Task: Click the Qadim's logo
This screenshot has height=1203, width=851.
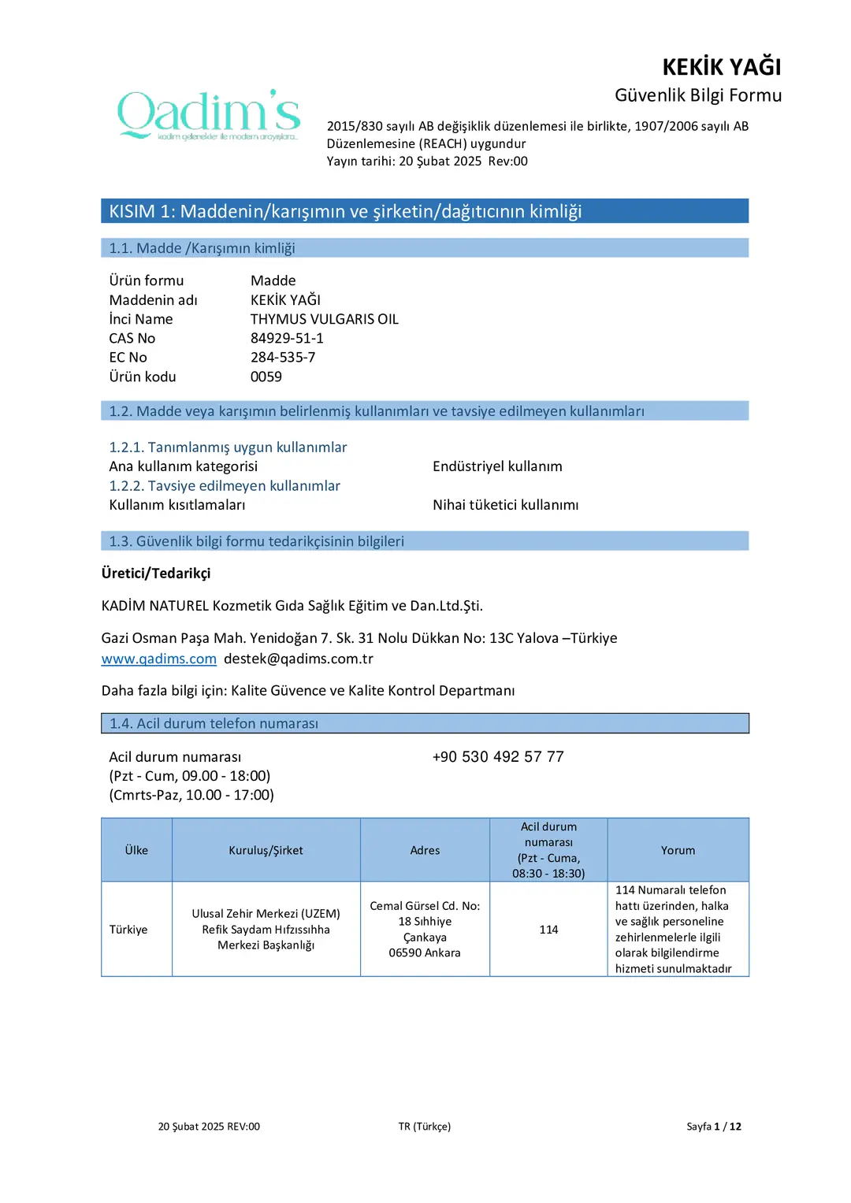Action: point(209,115)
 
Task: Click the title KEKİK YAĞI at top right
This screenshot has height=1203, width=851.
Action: point(721,67)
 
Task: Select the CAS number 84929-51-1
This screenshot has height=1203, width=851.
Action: point(287,338)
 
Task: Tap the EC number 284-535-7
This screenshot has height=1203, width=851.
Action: point(283,357)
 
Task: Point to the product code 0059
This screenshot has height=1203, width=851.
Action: point(266,377)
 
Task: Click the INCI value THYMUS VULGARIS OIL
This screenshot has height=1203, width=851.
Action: point(325,319)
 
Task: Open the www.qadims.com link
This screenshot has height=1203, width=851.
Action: point(158,659)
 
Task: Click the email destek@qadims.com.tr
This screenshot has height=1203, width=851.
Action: point(299,659)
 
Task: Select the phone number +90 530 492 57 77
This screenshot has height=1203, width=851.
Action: point(498,756)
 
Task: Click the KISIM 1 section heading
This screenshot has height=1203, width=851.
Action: point(345,211)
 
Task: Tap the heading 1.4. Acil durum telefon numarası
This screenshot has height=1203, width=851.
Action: point(214,723)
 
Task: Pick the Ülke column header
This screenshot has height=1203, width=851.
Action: point(136,850)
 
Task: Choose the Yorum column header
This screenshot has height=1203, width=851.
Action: point(678,850)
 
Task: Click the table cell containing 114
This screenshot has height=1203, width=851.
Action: point(548,930)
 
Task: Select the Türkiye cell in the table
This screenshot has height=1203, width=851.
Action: point(128,930)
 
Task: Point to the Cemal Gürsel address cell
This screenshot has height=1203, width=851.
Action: point(425,930)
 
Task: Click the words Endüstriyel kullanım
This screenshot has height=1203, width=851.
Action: point(497,466)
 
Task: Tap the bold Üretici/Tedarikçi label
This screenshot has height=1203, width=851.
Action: point(156,573)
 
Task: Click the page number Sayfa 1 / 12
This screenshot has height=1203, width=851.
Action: point(713,1127)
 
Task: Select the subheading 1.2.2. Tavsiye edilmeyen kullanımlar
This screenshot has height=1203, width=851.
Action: point(225,486)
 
